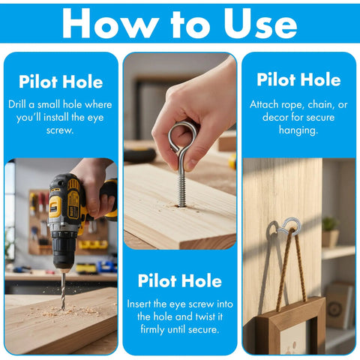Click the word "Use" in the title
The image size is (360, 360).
260,23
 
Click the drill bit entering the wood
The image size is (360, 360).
63,291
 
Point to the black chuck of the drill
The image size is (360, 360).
64,247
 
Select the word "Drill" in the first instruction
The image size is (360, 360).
17,104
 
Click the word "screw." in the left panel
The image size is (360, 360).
60,130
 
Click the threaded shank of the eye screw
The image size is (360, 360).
181,190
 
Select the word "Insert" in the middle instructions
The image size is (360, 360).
139,304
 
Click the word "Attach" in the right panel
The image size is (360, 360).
264,104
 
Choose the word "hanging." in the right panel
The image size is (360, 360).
298,130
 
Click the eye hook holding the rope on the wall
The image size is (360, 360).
291,224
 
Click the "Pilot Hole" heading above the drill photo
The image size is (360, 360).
61,82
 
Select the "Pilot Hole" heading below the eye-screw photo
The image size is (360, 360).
180,280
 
